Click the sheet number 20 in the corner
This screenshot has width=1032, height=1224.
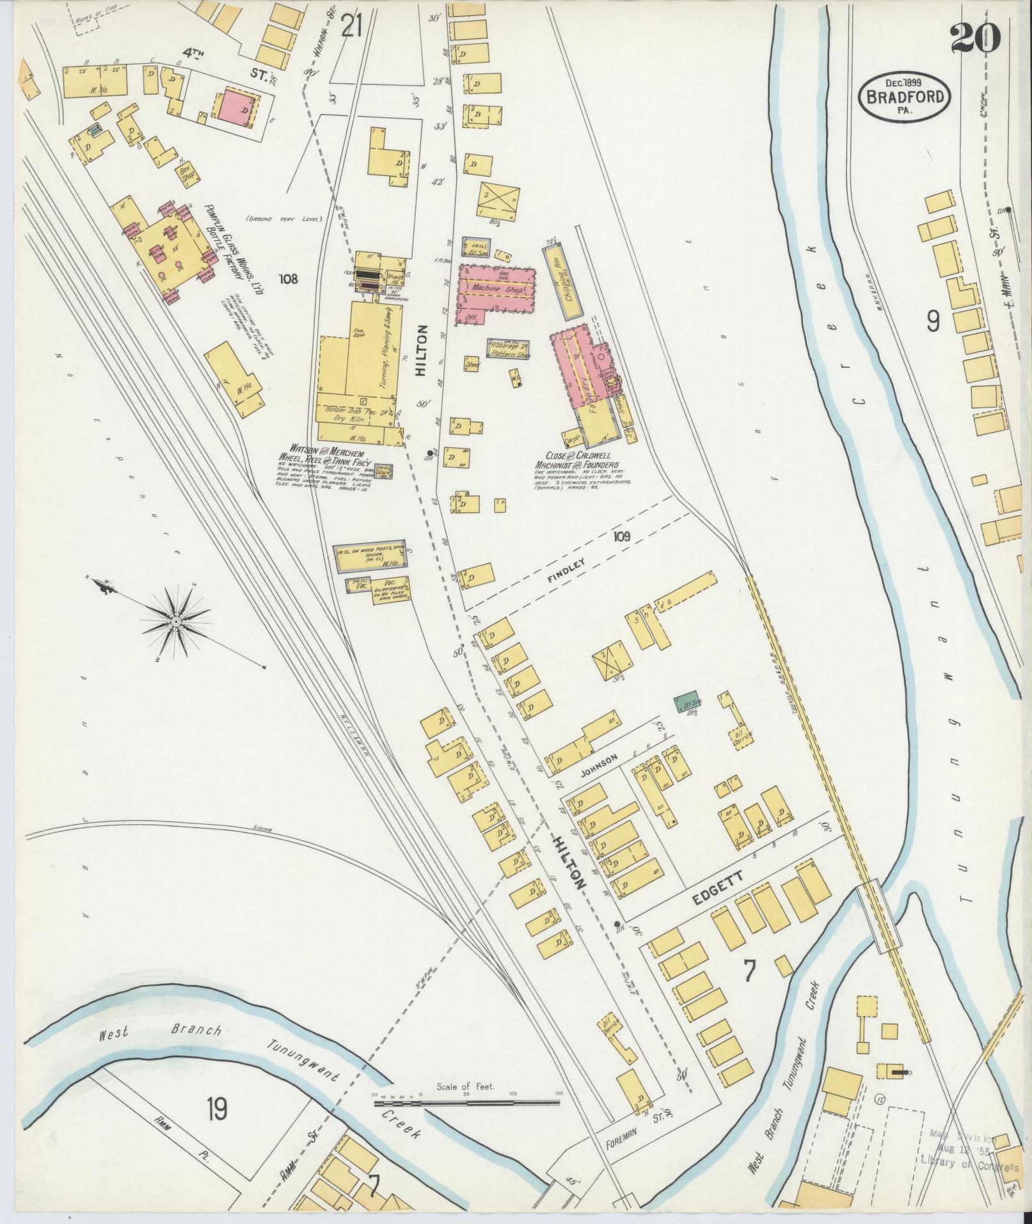pos(974,40)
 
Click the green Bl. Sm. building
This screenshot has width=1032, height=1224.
pos(688,703)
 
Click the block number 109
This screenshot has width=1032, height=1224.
pos(620,536)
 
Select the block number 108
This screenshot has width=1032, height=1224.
pos(290,278)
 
